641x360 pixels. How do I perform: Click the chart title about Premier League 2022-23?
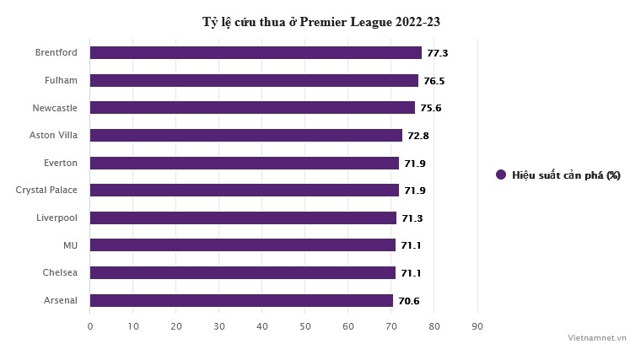[x=320, y=21]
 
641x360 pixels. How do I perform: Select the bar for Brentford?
[x=256, y=53]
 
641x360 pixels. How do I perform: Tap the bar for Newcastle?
[x=252, y=108]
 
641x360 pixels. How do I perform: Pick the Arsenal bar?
[x=241, y=300]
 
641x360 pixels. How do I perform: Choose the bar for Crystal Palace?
[x=244, y=191]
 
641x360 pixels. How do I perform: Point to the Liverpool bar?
[x=243, y=218]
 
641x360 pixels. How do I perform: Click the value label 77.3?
[x=438, y=53]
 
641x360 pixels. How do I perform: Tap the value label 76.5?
[x=434, y=81]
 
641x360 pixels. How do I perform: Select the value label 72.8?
[x=418, y=136]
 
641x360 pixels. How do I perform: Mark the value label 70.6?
[x=409, y=301]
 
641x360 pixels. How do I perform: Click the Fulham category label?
[x=61, y=81]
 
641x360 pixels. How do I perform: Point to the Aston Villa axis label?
[x=53, y=136]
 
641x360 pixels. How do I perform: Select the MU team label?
[x=70, y=245]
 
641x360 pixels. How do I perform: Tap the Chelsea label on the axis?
[x=60, y=273]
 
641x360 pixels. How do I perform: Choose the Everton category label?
[x=61, y=163]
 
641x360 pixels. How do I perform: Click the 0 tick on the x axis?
[x=90, y=325]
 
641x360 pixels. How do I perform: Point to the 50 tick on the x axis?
[x=305, y=325]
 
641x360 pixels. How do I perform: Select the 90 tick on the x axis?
[x=477, y=325]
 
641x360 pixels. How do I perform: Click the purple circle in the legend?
[x=501, y=175]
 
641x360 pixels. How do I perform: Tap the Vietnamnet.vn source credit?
[x=597, y=336]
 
